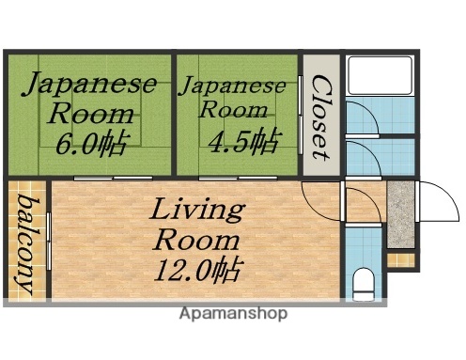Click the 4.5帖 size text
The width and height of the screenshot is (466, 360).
coord(243,142)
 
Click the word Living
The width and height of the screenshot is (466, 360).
coord(198,208)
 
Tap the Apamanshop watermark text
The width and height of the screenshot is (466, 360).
coord(234,313)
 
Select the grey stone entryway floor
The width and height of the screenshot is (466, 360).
coord(400,215)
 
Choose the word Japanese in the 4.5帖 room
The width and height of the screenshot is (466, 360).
coord(232,86)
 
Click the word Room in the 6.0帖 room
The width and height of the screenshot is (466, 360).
coord(91,115)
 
